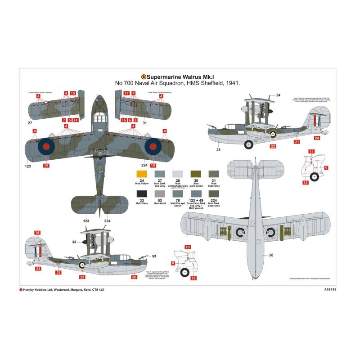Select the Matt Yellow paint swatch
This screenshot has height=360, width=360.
(141, 174)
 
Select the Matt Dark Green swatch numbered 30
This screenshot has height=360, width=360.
(196, 174)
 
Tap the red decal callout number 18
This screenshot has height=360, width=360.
(37, 233)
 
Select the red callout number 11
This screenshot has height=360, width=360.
(311, 152)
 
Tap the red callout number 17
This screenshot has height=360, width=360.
(126, 94)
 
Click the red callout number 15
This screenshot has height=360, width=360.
(72, 94)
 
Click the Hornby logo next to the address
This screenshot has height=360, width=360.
(21, 289)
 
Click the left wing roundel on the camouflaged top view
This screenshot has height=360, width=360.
(45, 146)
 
